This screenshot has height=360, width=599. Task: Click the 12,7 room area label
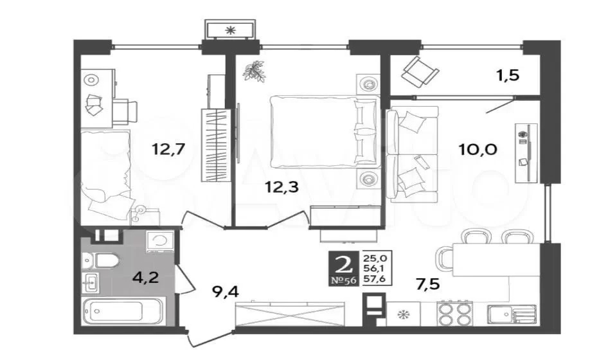[x=168, y=148]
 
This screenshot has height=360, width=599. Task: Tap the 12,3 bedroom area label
[x=282, y=187]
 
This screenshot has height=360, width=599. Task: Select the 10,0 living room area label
[x=478, y=149]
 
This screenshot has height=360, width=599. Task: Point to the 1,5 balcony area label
[x=508, y=75]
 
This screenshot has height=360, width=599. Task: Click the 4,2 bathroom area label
[x=145, y=277]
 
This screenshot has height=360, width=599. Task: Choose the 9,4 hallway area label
[x=226, y=292]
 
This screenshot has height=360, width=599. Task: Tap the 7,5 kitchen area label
[x=428, y=284]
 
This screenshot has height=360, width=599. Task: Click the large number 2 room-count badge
[x=343, y=264]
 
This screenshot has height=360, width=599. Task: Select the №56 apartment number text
[x=343, y=280]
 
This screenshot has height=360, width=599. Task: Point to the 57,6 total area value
[x=374, y=279]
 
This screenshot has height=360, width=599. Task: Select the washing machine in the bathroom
[x=159, y=242]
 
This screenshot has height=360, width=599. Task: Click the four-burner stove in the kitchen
[x=454, y=313]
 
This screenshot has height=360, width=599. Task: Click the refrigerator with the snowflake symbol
[x=403, y=314]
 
